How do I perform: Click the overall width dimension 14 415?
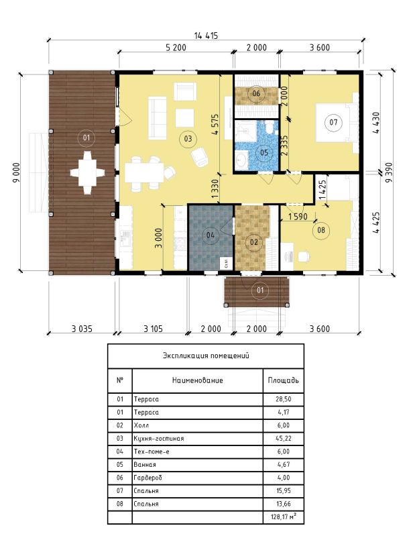206,36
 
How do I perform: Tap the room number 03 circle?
188,139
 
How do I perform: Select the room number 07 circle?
333,122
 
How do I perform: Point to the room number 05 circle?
264,152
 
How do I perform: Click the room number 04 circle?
211,235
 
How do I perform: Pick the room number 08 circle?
321,229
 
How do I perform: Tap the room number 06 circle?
256,93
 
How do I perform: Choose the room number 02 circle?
253,242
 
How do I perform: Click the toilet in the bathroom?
270,127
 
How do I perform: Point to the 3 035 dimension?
82,329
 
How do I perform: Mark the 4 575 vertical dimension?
215,124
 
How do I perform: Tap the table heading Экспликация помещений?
206,356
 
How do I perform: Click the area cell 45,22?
284,439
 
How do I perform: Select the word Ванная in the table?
145,465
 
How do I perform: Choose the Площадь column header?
284,380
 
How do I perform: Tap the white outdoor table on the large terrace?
87,172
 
